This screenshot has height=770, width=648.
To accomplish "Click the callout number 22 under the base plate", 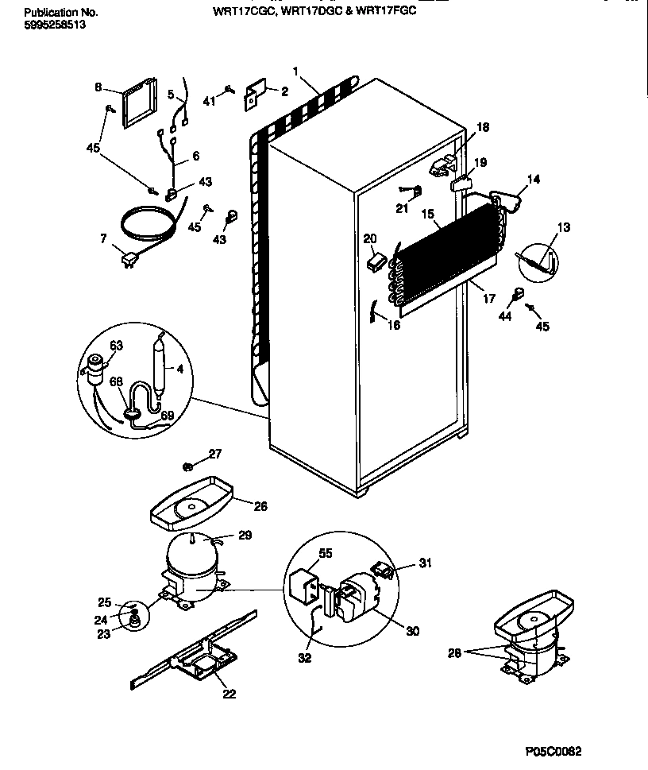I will click(x=229, y=695).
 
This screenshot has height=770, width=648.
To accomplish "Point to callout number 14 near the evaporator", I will click(x=533, y=180).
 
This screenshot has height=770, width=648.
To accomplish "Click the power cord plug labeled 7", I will click(x=127, y=260).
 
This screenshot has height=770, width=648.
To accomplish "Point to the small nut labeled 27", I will click(x=189, y=466).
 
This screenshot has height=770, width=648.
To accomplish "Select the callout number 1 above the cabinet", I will click(x=295, y=72).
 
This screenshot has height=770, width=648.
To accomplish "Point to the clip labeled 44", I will click(x=517, y=295).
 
